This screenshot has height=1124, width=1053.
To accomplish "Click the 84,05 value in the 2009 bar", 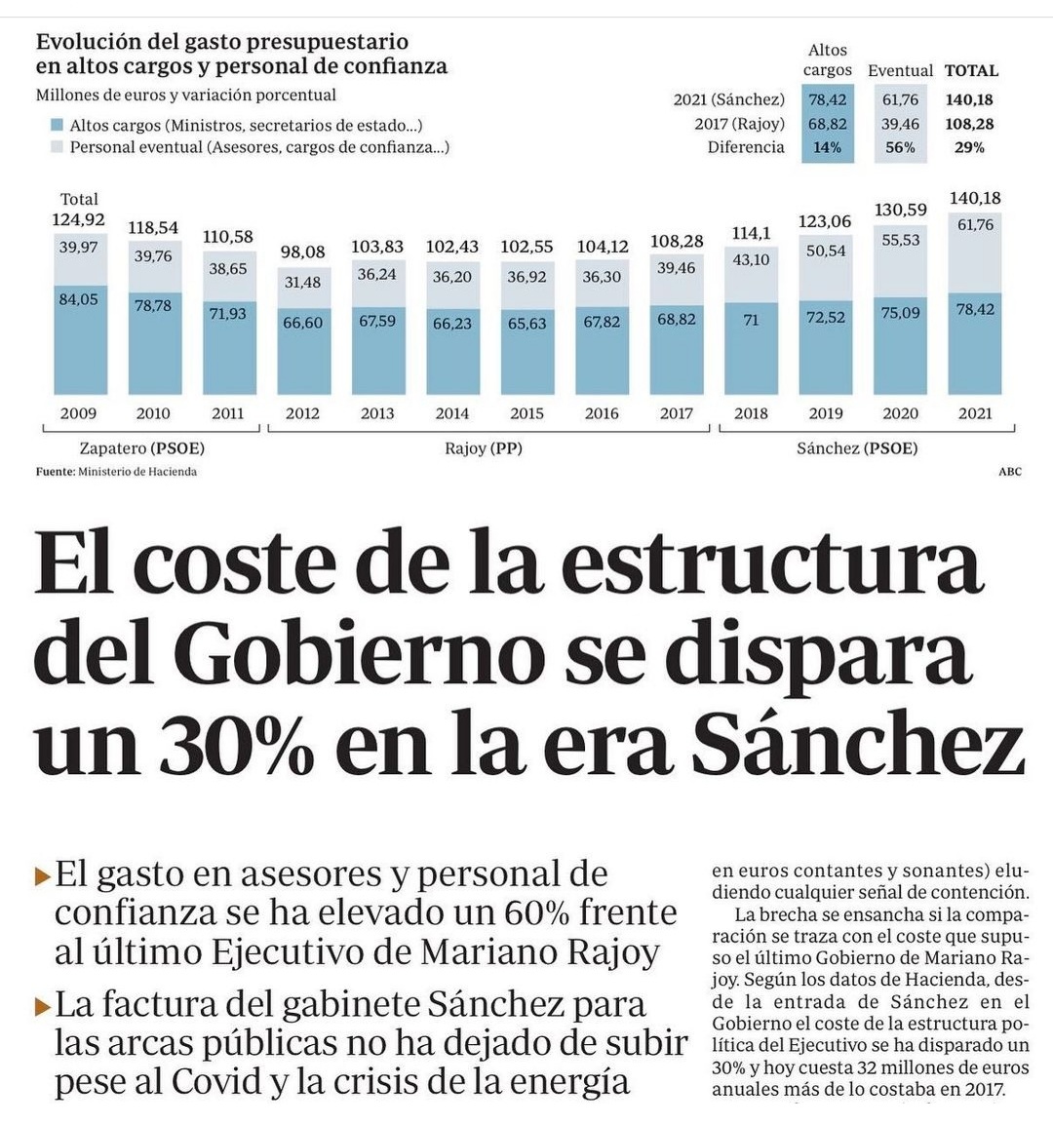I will (78, 299).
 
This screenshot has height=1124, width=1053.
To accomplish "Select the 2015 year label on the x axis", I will (526, 413).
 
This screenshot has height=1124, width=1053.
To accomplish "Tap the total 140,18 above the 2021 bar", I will (975, 198).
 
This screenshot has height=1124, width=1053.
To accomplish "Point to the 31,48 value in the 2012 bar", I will (302, 282).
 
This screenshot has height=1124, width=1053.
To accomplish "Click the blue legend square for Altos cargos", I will (57, 126).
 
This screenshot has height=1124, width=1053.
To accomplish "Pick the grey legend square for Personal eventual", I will (57, 147).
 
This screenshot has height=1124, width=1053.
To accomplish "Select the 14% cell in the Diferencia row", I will (827, 147).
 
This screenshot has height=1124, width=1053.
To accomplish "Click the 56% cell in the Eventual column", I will (900, 147).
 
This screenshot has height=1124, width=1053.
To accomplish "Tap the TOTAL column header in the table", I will (971, 71).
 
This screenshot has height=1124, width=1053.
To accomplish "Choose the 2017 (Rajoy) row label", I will (739, 124).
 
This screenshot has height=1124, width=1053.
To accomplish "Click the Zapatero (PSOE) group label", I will (142, 448).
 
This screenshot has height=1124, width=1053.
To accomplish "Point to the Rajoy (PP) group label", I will (483, 448).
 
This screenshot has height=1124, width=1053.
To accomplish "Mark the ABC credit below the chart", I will (1010, 472).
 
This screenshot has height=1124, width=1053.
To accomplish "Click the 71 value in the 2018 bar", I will (751, 320).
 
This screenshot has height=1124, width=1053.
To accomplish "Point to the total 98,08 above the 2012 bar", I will (302, 252).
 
